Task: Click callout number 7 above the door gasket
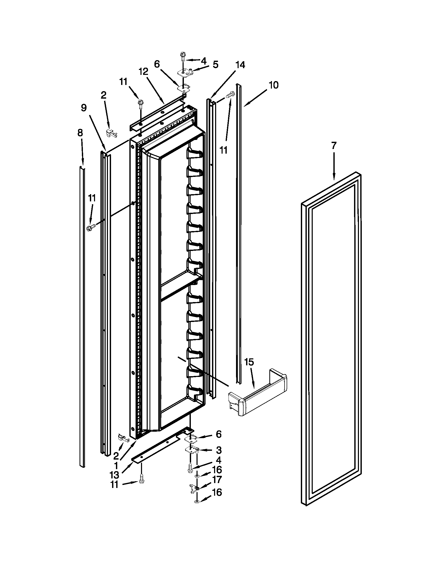coord(334,146)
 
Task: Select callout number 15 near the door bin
coord(249,362)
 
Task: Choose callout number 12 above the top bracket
coord(143,72)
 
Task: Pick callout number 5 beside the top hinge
coord(216,65)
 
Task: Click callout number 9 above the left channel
coord(83,108)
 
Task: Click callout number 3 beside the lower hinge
coord(218,450)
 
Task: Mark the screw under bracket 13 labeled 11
coord(142,480)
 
